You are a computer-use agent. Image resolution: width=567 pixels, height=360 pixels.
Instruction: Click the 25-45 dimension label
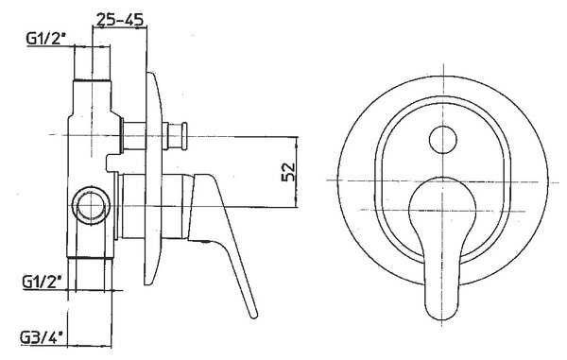(120, 19)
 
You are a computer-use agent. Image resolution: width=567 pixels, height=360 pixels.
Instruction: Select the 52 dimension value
(288, 172)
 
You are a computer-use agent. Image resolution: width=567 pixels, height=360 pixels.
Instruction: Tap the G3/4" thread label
(42, 337)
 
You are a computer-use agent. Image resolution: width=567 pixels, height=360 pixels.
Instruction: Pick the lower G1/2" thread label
(43, 282)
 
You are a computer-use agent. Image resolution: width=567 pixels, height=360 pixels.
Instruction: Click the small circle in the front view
(442, 140)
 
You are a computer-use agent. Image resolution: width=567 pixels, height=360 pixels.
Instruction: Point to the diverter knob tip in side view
(184, 136)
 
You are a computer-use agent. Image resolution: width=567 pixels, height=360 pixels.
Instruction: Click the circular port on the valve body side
(91, 205)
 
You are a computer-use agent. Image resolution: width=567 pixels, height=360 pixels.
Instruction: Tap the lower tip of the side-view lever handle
(254, 316)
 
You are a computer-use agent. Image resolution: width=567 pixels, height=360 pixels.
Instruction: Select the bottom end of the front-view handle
(441, 317)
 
